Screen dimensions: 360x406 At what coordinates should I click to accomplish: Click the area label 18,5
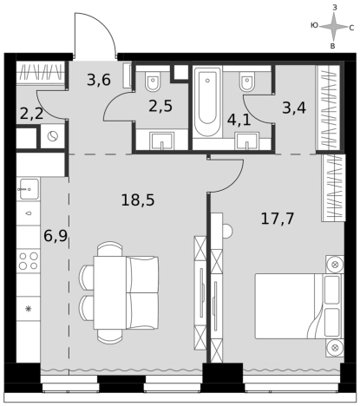click(x=138, y=200)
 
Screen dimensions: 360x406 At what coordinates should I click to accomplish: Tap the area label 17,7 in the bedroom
click(x=278, y=219)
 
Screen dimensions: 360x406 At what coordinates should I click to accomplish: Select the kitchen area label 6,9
click(x=56, y=236)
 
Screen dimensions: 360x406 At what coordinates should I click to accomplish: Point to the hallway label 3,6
click(x=99, y=80)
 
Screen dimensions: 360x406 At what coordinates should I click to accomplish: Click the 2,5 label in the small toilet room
click(x=160, y=106)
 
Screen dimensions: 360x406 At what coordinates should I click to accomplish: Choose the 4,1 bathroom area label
click(x=239, y=120)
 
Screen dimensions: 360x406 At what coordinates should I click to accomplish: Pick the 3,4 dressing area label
click(x=294, y=108)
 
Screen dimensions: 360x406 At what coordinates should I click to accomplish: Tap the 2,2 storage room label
click(x=31, y=114)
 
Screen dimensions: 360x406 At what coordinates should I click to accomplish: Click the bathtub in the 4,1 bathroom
click(x=207, y=101)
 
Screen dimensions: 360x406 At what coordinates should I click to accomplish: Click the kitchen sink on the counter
click(x=29, y=189)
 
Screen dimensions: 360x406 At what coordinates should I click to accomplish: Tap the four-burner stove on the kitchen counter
click(x=29, y=260)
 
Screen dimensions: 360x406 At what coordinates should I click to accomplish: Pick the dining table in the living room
click(x=110, y=292)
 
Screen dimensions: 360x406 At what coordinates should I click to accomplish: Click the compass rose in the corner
click(x=333, y=27)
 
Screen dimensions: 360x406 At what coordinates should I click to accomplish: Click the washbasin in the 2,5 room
click(x=161, y=141)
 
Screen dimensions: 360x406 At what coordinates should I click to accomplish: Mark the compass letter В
click(x=332, y=46)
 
